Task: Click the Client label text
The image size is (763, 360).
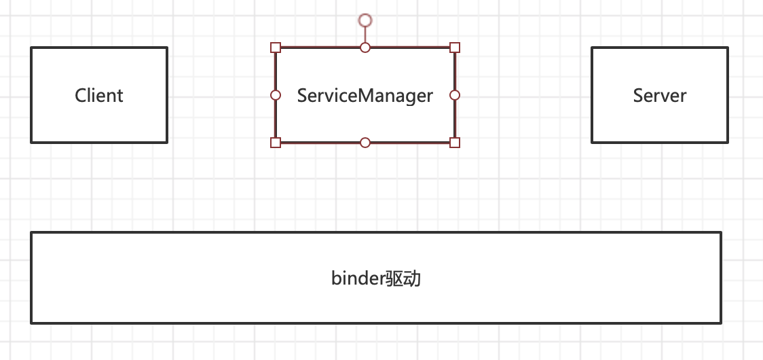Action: [x=99, y=95]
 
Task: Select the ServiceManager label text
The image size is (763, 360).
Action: [x=365, y=95]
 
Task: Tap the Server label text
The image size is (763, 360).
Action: [x=660, y=95]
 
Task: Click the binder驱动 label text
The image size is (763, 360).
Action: [x=376, y=278]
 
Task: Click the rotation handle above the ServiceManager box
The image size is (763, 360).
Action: [x=365, y=20]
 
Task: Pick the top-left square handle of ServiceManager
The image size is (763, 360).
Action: [x=276, y=48]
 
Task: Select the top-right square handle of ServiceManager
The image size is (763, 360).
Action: [x=455, y=48]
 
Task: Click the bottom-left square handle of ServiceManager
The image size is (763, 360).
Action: [x=276, y=142]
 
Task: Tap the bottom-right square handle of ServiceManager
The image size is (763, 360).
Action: [x=455, y=142]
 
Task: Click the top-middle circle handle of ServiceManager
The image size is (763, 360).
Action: [x=365, y=48]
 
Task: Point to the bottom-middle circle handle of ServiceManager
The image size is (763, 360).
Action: [x=365, y=142]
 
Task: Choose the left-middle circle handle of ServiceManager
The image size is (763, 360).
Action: [x=276, y=95]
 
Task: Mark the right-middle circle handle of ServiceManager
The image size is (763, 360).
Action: [x=455, y=95]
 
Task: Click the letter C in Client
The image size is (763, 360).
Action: [x=80, y=95]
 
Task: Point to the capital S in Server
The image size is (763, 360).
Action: [x=639, y=95]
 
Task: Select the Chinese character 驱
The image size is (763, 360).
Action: [x=395, y=278]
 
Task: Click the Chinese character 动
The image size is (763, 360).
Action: [x=413, y=278]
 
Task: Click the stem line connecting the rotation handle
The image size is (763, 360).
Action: [x=365, y=35]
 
